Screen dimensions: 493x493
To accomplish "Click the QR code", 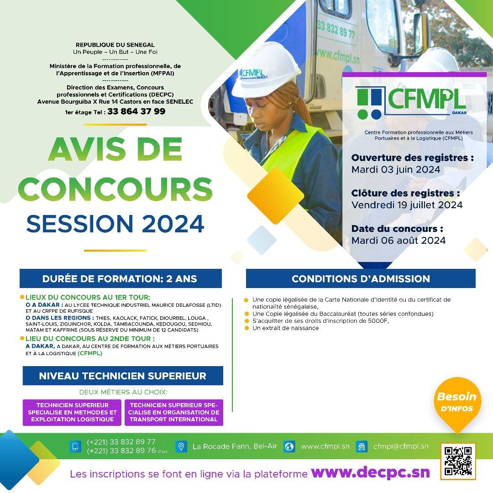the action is [458, 461].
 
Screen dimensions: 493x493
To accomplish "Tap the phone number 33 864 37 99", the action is [136, 111].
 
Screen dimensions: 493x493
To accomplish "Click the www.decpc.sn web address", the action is [370, 472].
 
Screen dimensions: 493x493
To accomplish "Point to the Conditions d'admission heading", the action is [361, 278].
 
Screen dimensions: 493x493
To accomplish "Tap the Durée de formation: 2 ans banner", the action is [121, 278].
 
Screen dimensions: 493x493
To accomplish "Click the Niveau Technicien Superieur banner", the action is [123, 376].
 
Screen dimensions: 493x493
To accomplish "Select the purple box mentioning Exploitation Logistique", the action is [72, 413].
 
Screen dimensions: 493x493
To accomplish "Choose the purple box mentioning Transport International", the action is [174, 413].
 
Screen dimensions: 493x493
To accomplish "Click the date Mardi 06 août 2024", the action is [399, 241].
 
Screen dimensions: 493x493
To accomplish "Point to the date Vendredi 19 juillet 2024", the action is [407, 205].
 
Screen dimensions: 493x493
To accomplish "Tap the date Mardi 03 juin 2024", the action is [395, 169].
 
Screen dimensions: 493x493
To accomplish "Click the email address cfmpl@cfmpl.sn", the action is [401, 446].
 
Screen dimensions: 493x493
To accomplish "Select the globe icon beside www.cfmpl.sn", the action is [289, 446].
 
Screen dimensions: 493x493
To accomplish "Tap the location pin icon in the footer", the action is [181, 446].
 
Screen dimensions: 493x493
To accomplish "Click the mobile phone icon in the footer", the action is [75, 446].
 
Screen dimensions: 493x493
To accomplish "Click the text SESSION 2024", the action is [115, 224].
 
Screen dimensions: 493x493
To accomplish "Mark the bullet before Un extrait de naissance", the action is [246, 328].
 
